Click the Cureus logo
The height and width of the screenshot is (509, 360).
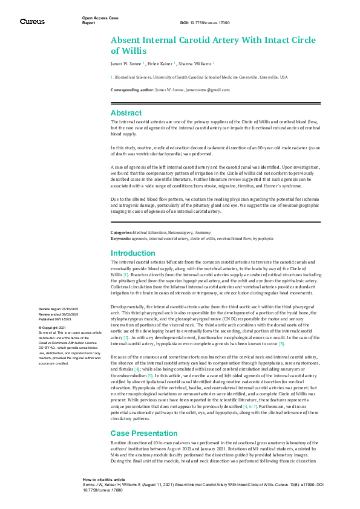[x=32, y=22]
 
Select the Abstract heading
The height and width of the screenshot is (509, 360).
[x=126, y=112]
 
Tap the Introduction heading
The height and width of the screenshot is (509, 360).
[x=133, y=253]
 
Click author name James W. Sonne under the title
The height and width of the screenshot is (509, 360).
[x=126, y=63]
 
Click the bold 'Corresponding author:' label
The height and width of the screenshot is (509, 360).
[x=132, y=89]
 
